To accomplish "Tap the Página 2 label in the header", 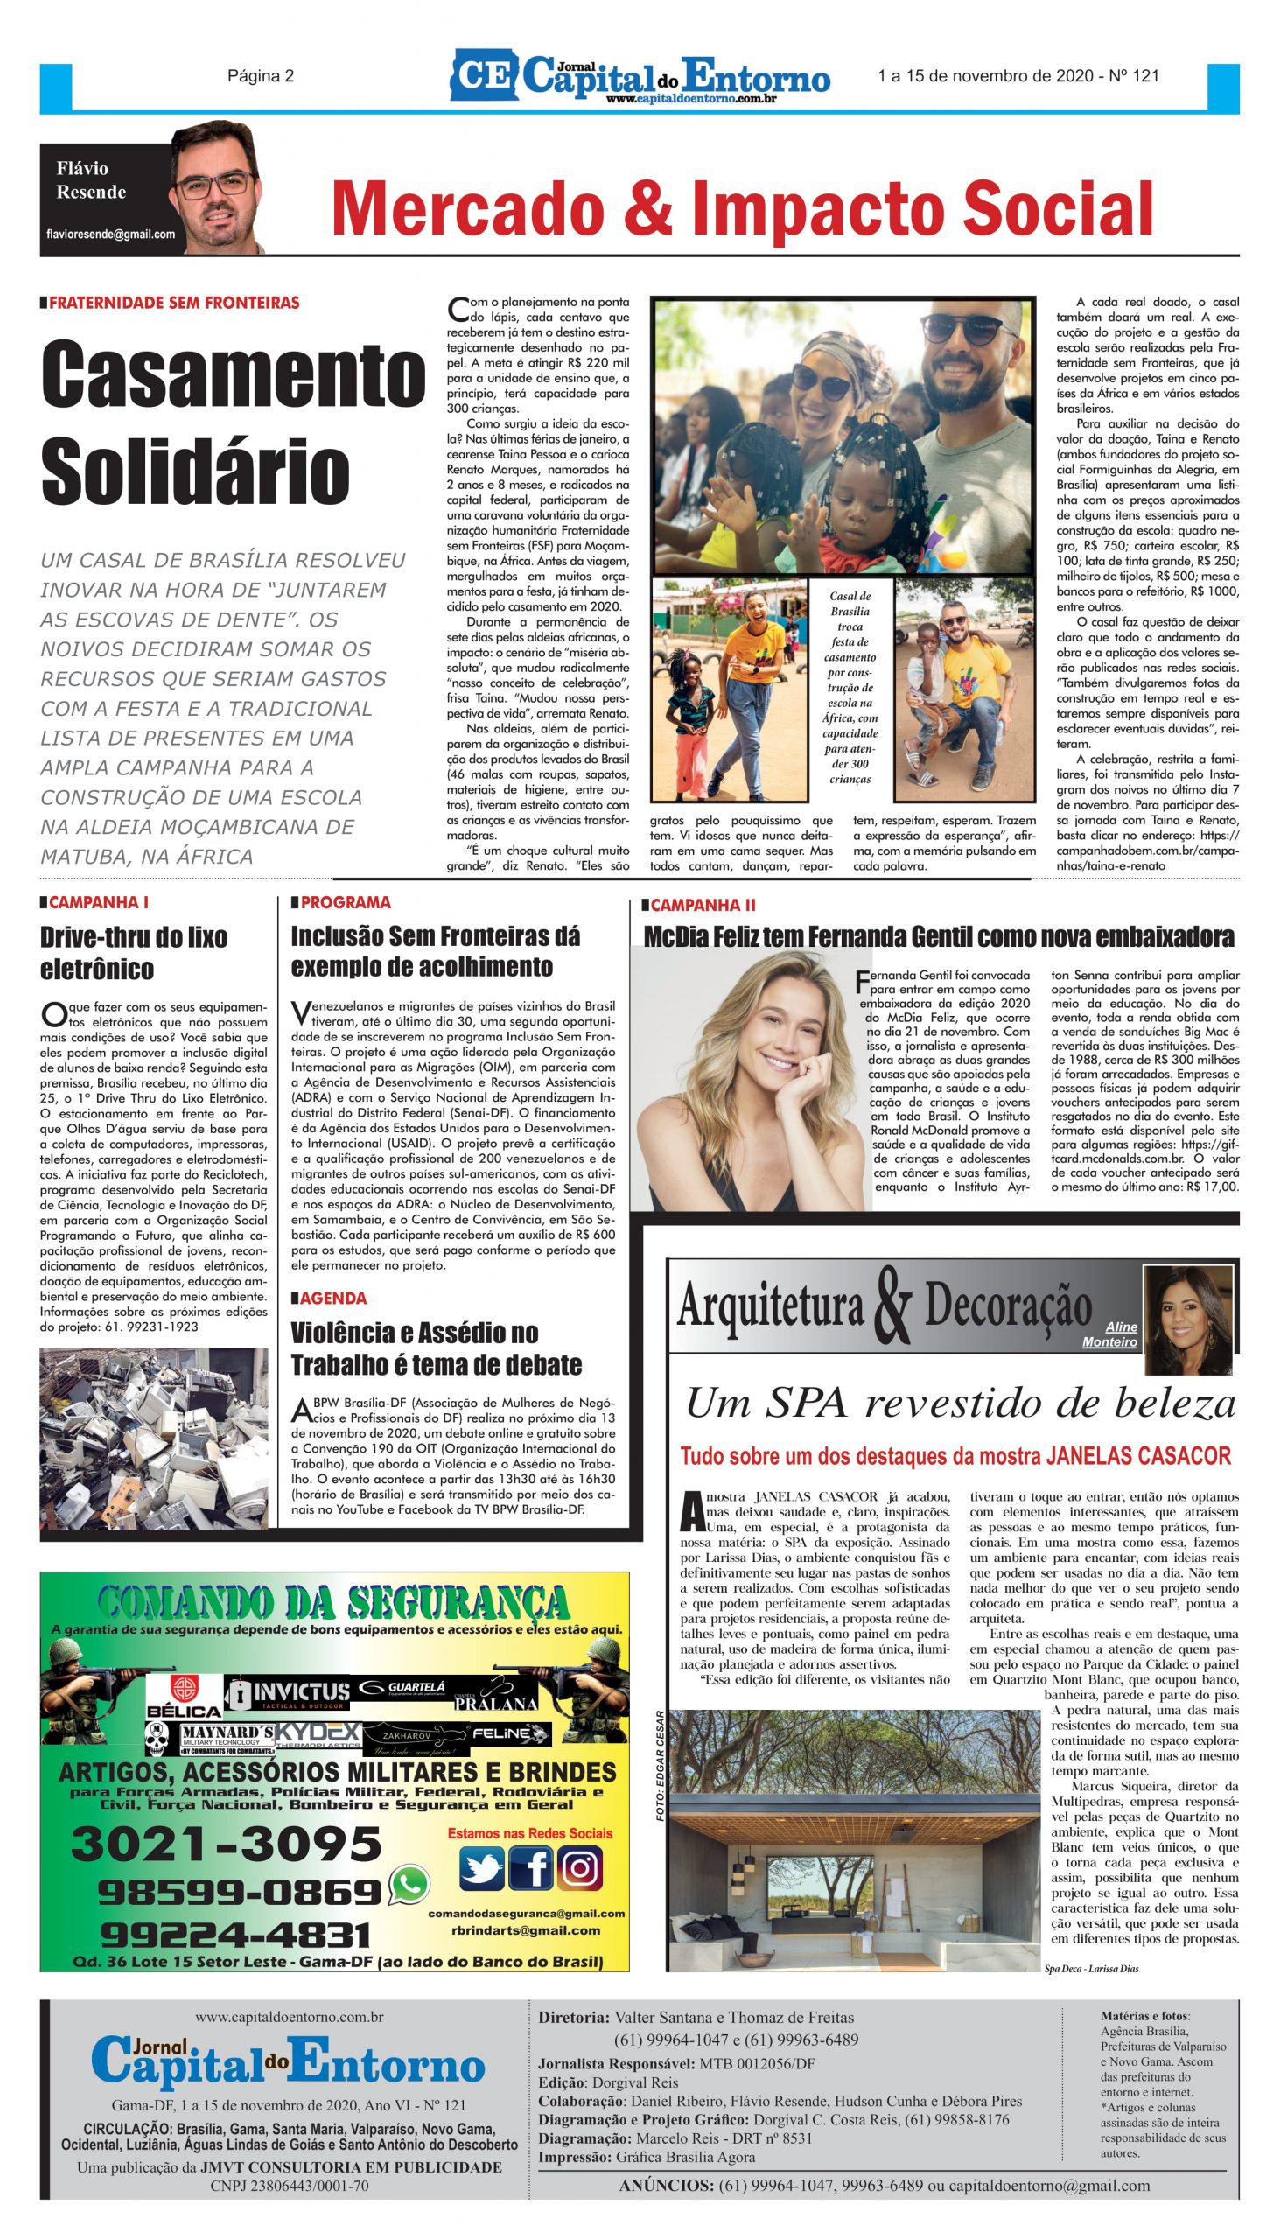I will (x=260, y=76).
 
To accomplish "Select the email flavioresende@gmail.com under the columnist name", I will (x=111, y=234).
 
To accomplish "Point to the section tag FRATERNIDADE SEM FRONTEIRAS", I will (x=174, y=304).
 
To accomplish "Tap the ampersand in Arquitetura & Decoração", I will (x=894, y=1309).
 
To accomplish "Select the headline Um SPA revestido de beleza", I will (x=960, y=1403).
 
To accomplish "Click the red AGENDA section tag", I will (x=333, y=1298).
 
